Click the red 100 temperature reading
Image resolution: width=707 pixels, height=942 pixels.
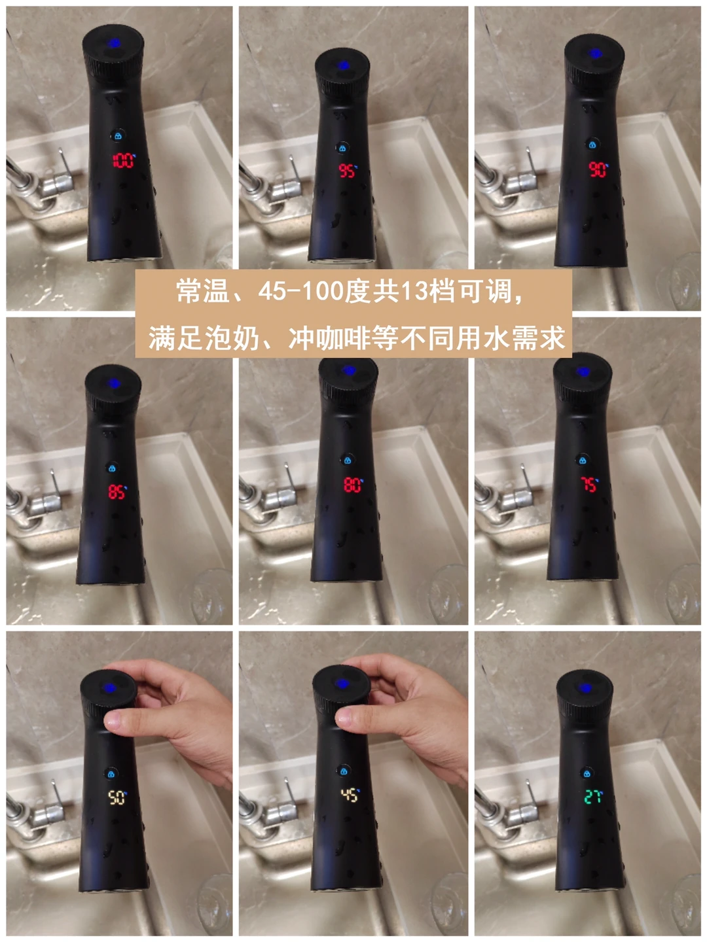(123, 160)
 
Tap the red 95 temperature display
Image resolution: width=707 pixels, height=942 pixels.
(348, 170)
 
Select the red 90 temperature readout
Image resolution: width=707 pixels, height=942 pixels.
(598, 169)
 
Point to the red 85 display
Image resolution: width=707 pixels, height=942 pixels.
(117, 492)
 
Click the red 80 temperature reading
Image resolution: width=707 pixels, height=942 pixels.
(353, 485)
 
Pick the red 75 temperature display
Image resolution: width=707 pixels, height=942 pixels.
(590, 484)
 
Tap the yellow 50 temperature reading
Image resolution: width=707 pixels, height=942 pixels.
(117, 797)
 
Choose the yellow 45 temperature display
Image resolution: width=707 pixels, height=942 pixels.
(350, 795)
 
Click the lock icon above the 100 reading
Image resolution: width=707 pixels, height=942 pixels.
(118, 136)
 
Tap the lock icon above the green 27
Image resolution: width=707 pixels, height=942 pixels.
(587, 774)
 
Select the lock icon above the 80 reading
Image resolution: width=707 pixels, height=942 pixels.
(347, 461)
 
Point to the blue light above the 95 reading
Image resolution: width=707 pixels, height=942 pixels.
(342, 65)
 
